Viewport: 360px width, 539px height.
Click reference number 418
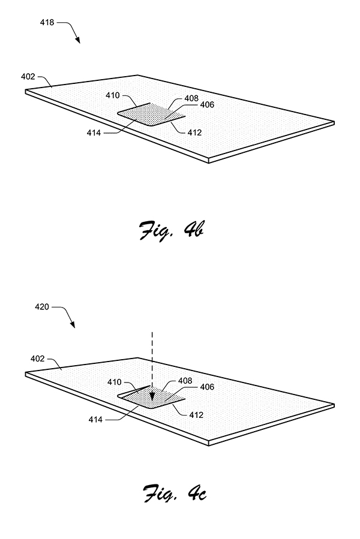point(47,22)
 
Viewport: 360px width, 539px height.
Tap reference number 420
point(42,306)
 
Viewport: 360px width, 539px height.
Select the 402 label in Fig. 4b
point(28,76)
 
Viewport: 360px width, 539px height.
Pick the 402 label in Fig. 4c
point(38,359)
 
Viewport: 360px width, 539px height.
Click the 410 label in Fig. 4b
point(113,95)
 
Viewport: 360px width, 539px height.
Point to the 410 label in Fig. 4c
point(114,382)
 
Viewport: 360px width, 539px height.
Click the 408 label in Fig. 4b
point(191,98)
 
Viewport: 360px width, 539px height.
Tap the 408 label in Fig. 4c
point(185,381)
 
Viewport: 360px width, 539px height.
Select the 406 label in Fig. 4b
point(207,104)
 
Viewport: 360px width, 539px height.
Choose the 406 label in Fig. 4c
point(207,387)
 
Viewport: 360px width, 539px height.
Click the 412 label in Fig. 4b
point(194,133)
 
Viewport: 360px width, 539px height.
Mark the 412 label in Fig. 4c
point(196,415)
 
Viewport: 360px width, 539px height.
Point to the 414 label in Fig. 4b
point(94,133)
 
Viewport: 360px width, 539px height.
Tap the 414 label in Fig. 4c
point(95,419)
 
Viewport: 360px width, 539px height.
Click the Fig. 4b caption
point(172,231)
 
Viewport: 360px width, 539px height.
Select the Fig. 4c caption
point(175,493)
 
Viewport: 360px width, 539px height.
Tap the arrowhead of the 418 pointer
point(78,40)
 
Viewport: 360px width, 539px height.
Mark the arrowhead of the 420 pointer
point(73,324)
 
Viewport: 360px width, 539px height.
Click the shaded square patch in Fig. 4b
point(151,114)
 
